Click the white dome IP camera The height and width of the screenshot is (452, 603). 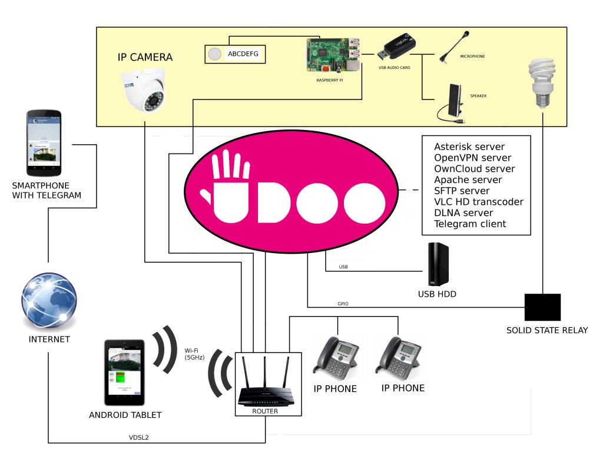point(144,91)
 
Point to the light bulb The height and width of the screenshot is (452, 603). point(541,83)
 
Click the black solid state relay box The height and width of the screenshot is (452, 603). point(542,307)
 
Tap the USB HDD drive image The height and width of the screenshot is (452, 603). point(438,264)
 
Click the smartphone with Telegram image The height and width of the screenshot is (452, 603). point(44,144)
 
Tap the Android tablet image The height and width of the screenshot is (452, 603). point(125,372)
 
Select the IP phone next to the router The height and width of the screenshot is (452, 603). point(335,357)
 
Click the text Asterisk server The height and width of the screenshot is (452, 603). point(469,147)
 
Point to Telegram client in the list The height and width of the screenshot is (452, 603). point(470,224)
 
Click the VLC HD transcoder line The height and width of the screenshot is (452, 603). point(478,202)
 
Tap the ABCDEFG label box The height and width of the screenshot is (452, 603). point(234,54)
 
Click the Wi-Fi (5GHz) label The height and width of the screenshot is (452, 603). point(194,354)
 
